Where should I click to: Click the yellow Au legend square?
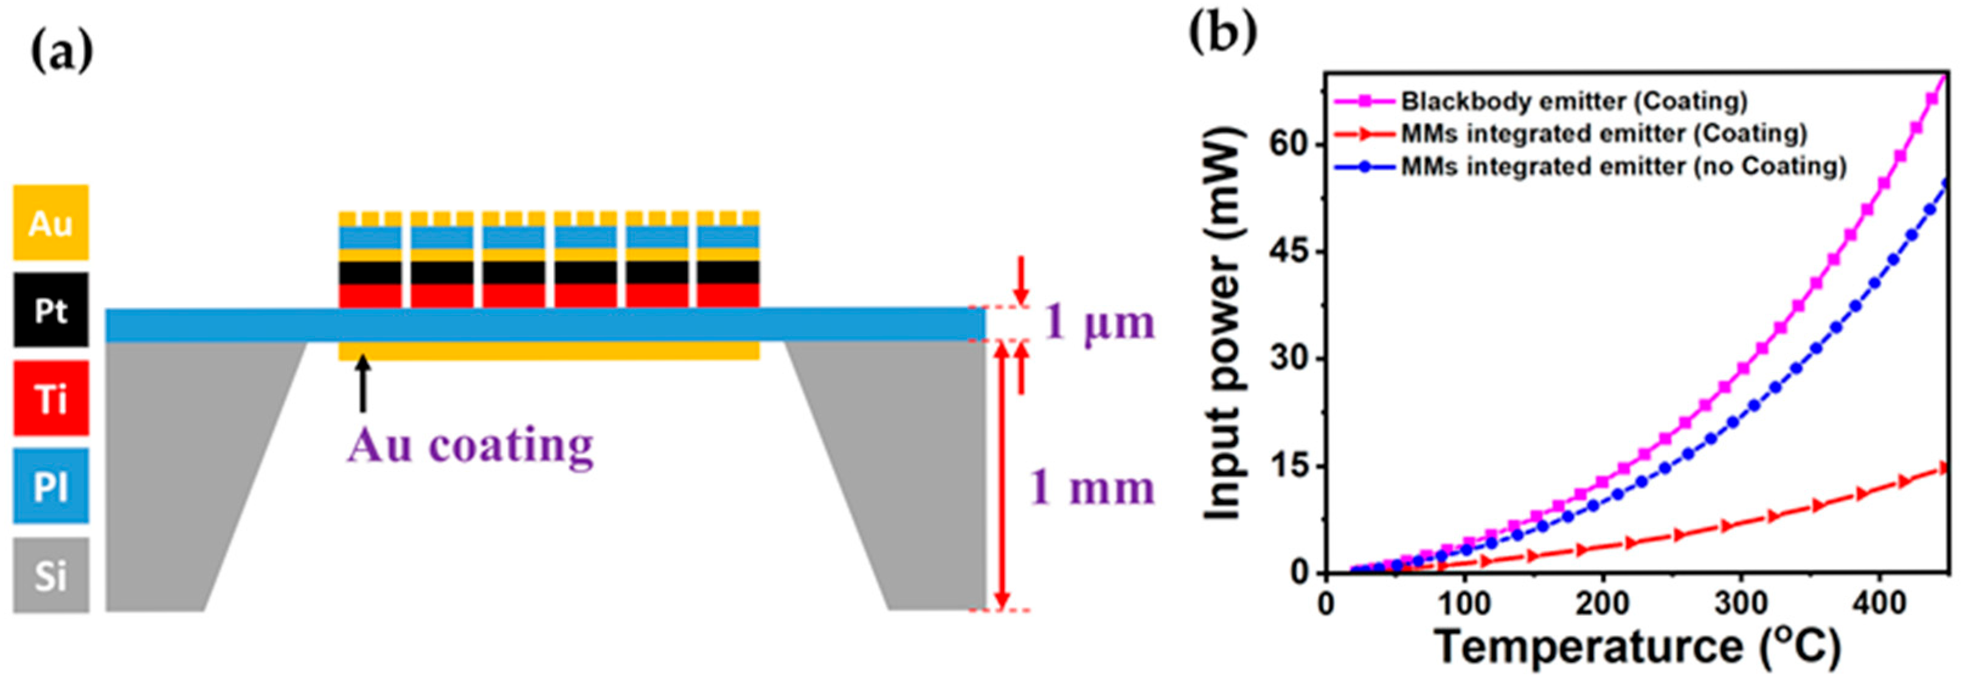pyautogui.click(x=50, y=223)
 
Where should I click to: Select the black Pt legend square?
pyautogui.click(x=50, y=309)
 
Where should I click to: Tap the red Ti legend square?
pyautogui.click(x=50, y=398)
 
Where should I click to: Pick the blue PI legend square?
pyautogui.click(x=50, y=486)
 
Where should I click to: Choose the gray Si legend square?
pyautogui.click(x=50, y=575)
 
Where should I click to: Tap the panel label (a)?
pyautogui.click(x=61, y=51)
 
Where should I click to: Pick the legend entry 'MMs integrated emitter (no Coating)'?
pyautogui.click(x=1623, y=166)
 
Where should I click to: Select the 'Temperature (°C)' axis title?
pyautogui.click(x=1638, y=647)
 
